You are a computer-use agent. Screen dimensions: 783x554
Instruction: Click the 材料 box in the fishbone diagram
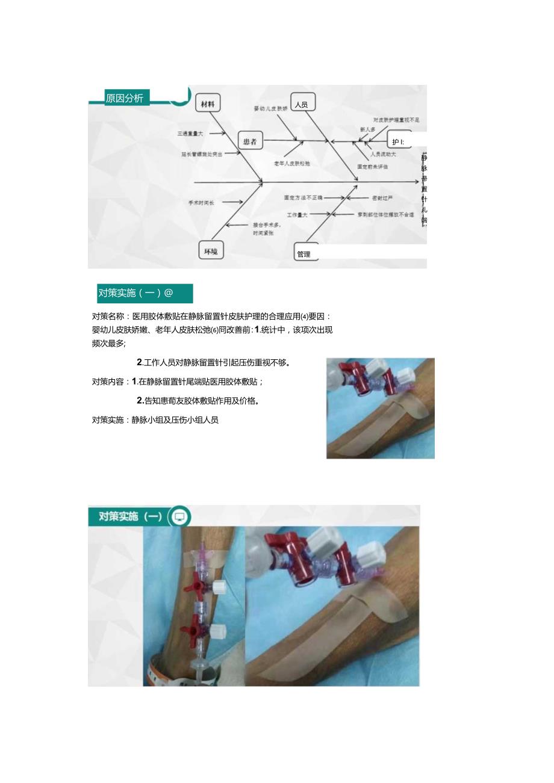[208, 104]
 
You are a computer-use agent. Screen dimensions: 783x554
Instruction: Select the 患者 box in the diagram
[250, 141]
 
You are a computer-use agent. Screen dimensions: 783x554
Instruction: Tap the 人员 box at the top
[303, 104]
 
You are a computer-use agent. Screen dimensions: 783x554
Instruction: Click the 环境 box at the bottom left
[211, 250]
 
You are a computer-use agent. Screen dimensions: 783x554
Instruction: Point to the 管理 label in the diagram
[304, 254]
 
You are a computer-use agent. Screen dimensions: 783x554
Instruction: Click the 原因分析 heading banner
[125, 98]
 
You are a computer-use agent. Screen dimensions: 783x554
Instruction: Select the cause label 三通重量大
[190, 133]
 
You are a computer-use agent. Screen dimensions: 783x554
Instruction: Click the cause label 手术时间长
[201, 203]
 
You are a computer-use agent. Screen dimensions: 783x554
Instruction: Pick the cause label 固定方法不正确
[303, 197]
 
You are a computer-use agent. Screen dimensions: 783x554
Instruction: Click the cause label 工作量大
[297, 214]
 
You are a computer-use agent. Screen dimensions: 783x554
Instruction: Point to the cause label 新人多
[367, 129]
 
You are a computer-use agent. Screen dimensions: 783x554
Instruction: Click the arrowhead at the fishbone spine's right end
[417, 181]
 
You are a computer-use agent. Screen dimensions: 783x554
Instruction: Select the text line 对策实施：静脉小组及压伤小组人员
[155, 420]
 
